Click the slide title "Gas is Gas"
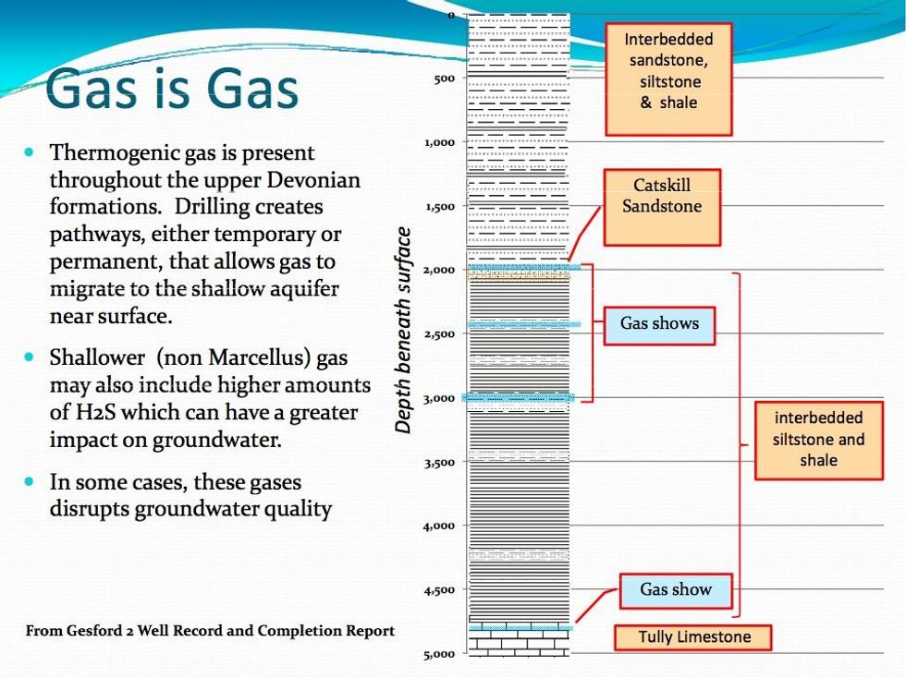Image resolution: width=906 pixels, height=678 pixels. (x=172, y=89)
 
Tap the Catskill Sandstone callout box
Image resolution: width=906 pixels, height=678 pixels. (x=662, y=207)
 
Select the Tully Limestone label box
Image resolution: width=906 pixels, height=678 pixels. (x=692, y=637)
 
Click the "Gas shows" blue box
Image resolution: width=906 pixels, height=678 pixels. (x=659, y=326)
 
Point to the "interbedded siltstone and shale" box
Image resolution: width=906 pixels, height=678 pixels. (x=819, y=440)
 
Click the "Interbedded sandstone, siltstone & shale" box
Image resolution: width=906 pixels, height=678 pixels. (x=668, y=79)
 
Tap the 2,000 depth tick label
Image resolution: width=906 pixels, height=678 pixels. (x=439, y=270)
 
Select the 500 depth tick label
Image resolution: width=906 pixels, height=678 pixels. (x=445, y=78)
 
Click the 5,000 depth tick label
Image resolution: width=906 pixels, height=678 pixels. (x=439, y=654)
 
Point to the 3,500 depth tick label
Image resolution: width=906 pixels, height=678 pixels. (x=439, y=462)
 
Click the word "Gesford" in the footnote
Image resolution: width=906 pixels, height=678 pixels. (x=92, y=631)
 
